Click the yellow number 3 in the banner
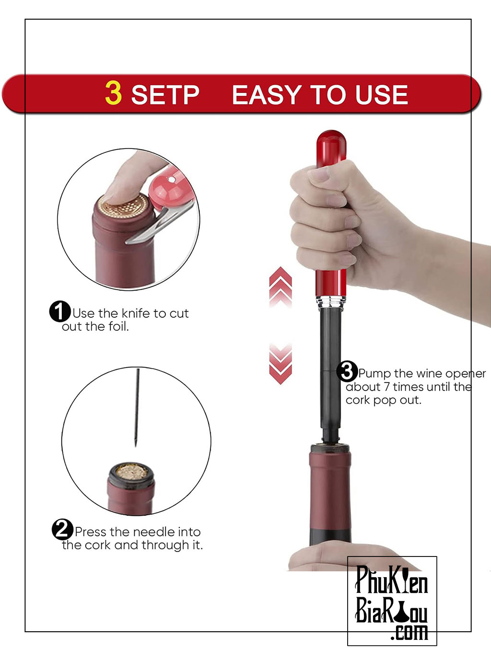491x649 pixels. [x=113, y=93]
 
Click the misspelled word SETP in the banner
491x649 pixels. [x=165, y=94]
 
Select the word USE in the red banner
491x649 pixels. [x=382, y=94]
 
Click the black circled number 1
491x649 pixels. [x=60, y=312]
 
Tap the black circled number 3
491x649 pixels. [x=347, y=371]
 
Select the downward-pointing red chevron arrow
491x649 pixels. [x=281, y=364]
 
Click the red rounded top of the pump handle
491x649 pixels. [x=331, y=148]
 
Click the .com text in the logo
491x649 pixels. [x=409, y=632]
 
